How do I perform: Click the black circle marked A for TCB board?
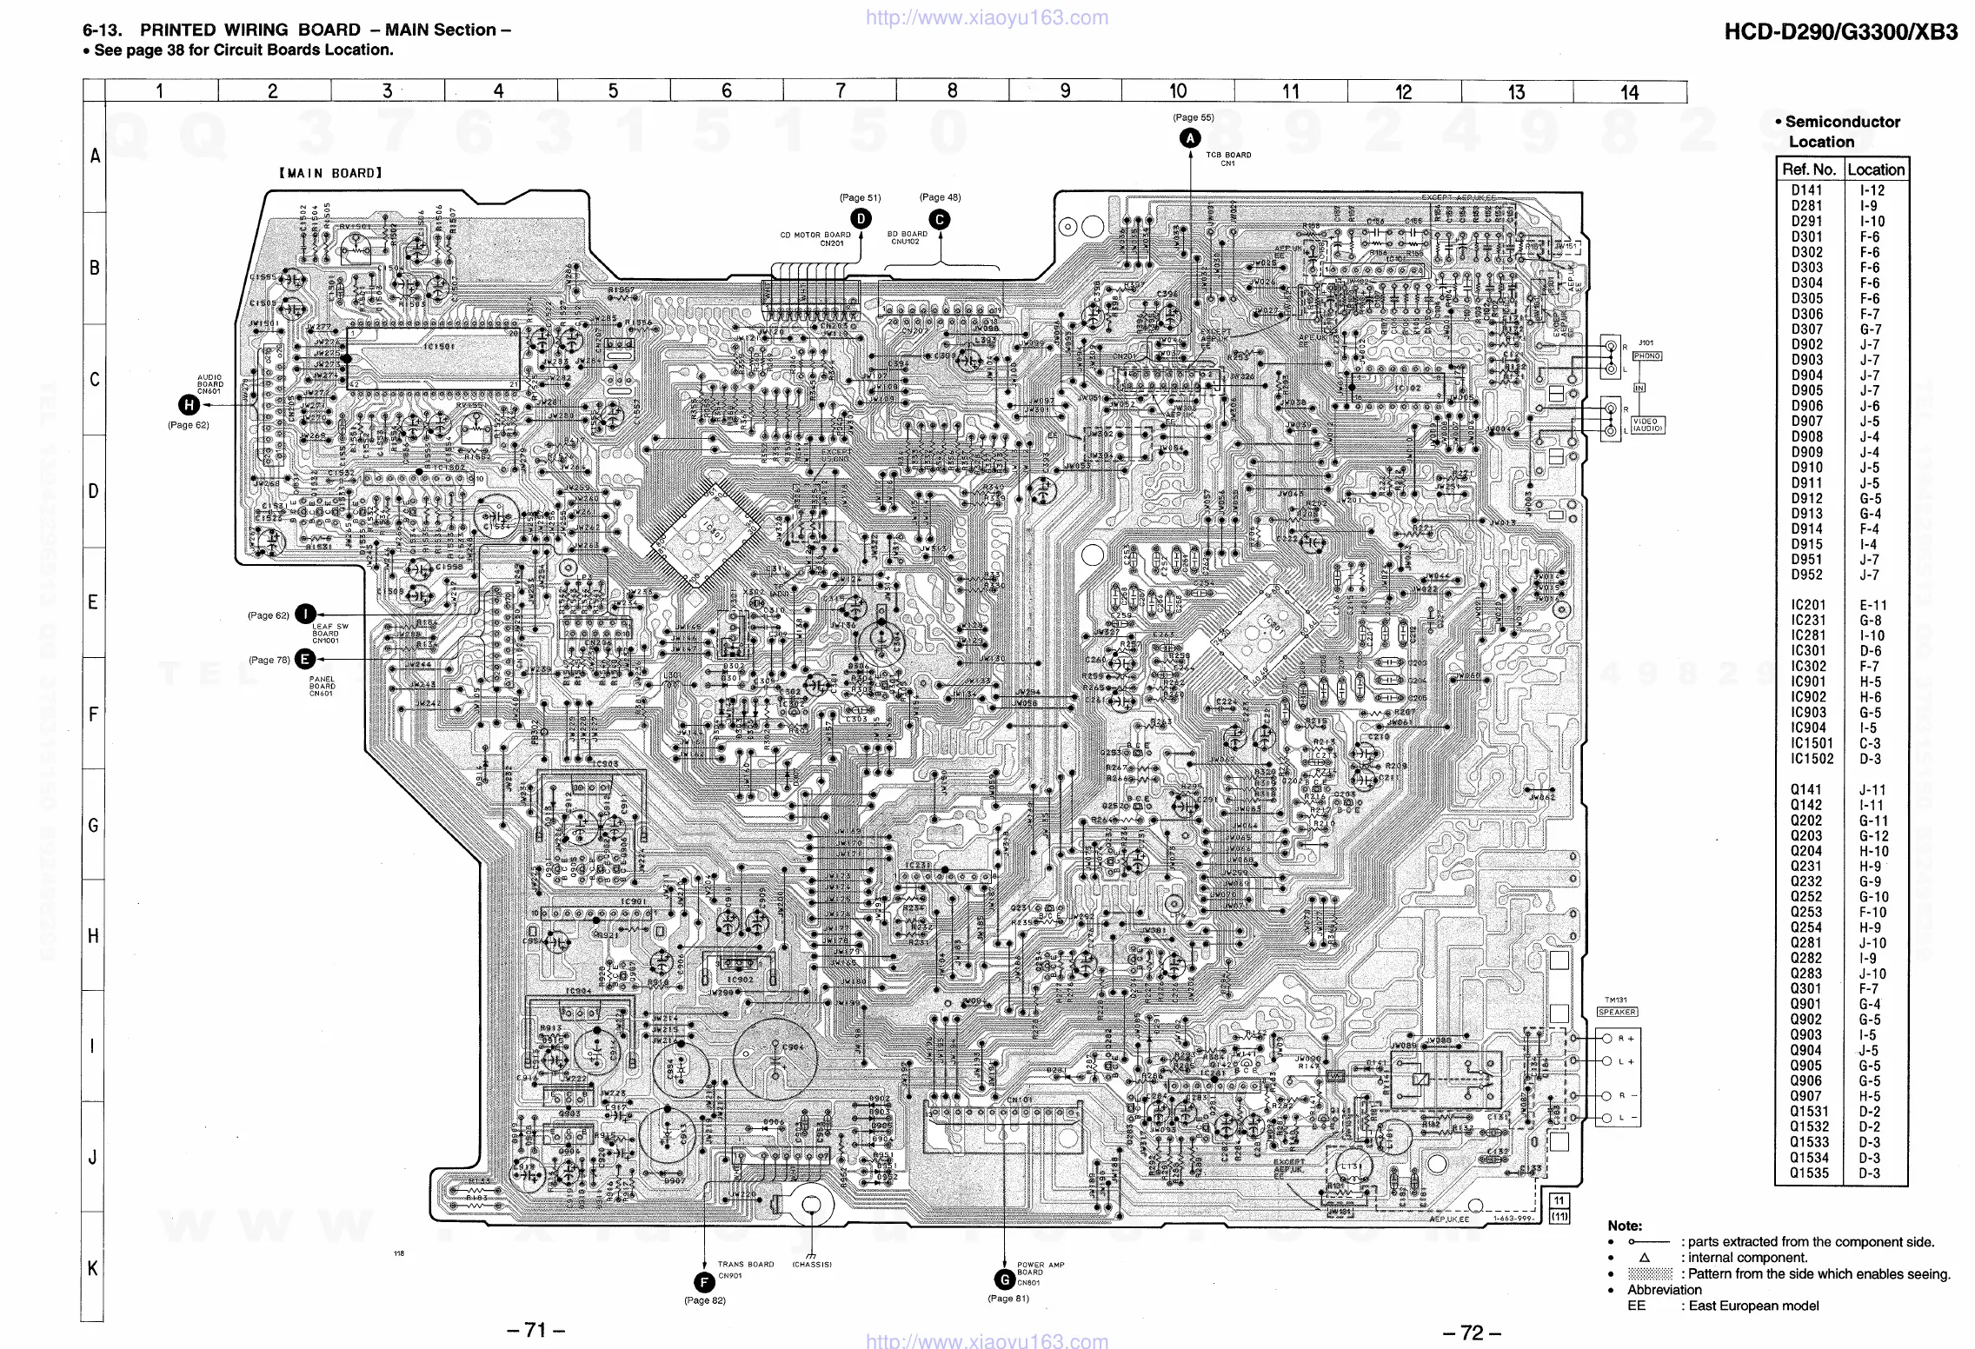(x=1189, y=138)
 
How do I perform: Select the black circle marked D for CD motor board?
(x=861, y=219)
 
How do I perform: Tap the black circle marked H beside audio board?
(x=189, y=405)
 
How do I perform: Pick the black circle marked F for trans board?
(x=703, y=1281)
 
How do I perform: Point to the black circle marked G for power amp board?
(x=1005, y=1279)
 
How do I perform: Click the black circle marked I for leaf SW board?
(x=305, y=615)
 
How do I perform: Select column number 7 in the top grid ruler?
(x=840, y=91)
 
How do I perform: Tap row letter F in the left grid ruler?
(x=93, y=714)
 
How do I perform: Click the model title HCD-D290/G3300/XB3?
(x=1841, y=33)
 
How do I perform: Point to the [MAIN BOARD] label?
(x=330, y=173)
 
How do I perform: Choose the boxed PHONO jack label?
(x=1646, y=356)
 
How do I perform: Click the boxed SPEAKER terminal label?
(x=1617, y=1012)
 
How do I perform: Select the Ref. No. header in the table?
(x=1808, y=169)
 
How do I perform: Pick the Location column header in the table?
(x=1875, y=169)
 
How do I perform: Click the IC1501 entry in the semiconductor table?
(x=1811, y=743)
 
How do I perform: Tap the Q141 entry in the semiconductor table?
(x=1805, y=789)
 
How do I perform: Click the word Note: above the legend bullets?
(x=1625, y=1226)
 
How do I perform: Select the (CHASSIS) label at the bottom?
(x=812, y=1265)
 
